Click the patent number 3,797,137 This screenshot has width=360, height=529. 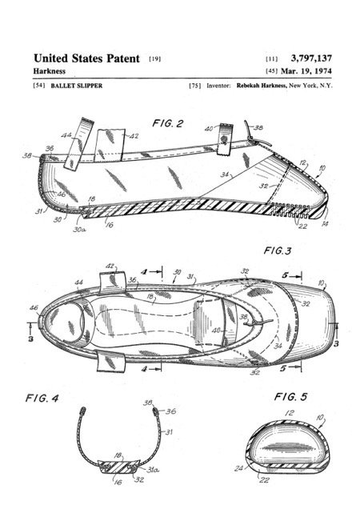(x=311, y=58)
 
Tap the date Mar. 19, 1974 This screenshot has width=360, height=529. (x=306, y=71)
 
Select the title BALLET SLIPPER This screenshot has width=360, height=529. (x=77, y=86)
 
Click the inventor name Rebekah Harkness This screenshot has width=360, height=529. (x=262, y=86)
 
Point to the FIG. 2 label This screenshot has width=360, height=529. (x=168, y=123)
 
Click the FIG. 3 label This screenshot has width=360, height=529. (x=277, y=250)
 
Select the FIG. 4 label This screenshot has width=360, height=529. (x=42, y=399)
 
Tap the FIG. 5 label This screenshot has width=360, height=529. (x=290, y=397)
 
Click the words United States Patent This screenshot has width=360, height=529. (x=86, y=58)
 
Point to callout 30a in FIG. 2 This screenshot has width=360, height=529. (x=79, y=230)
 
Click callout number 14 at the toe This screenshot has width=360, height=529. (x=325, y=223)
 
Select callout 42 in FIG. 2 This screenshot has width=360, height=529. (x=134, y=136)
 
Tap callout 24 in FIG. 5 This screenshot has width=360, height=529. (x=238, y=469)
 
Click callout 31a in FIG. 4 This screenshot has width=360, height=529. (x=153, y=470)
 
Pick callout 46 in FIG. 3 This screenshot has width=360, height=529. (x=34, y=307)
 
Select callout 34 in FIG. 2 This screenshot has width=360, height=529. (x=225, y=174)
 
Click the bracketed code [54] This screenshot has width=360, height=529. (x=39, y=86)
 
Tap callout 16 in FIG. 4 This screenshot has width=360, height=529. (x=118, y=483)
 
